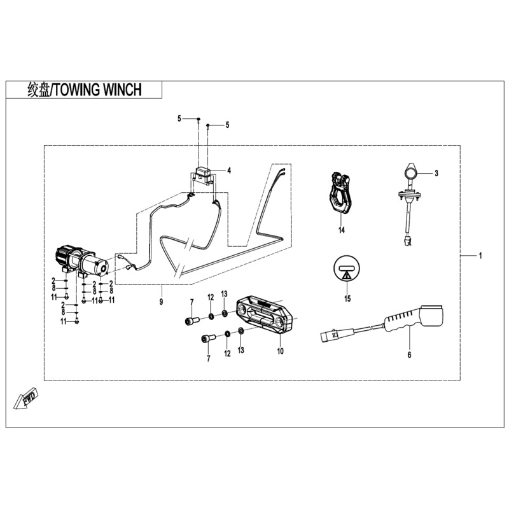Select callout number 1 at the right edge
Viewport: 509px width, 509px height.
480,256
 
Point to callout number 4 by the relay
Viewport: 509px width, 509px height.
229,171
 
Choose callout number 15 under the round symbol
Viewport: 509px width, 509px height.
347,298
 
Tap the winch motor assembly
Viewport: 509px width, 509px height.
80,260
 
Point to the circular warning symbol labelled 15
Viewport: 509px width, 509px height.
347,270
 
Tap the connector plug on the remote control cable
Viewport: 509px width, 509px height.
331,335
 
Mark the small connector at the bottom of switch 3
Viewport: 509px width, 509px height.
408,241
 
